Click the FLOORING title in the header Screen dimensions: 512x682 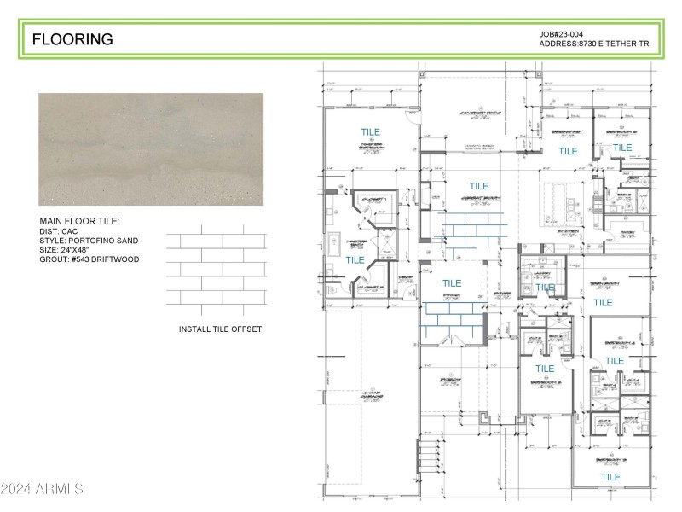point(72,39)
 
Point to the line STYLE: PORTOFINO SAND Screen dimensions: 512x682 point(89,241)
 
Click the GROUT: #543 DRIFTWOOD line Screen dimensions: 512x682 point(89,259)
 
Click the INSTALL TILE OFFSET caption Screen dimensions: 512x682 point(220,329)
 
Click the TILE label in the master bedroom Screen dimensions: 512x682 point(371,132)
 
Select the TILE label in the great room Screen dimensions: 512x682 point(479,186)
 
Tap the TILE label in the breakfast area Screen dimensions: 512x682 point(568,151)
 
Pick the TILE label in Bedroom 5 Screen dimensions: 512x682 point(622,148)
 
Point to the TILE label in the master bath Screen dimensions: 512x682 point(355,259)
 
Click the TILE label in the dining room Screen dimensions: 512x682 point(452,283)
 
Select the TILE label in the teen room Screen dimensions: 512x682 point(603,302)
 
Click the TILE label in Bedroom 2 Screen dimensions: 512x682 point(545,369)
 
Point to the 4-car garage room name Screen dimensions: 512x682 point(371,396)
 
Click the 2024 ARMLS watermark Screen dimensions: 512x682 point(43,489)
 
